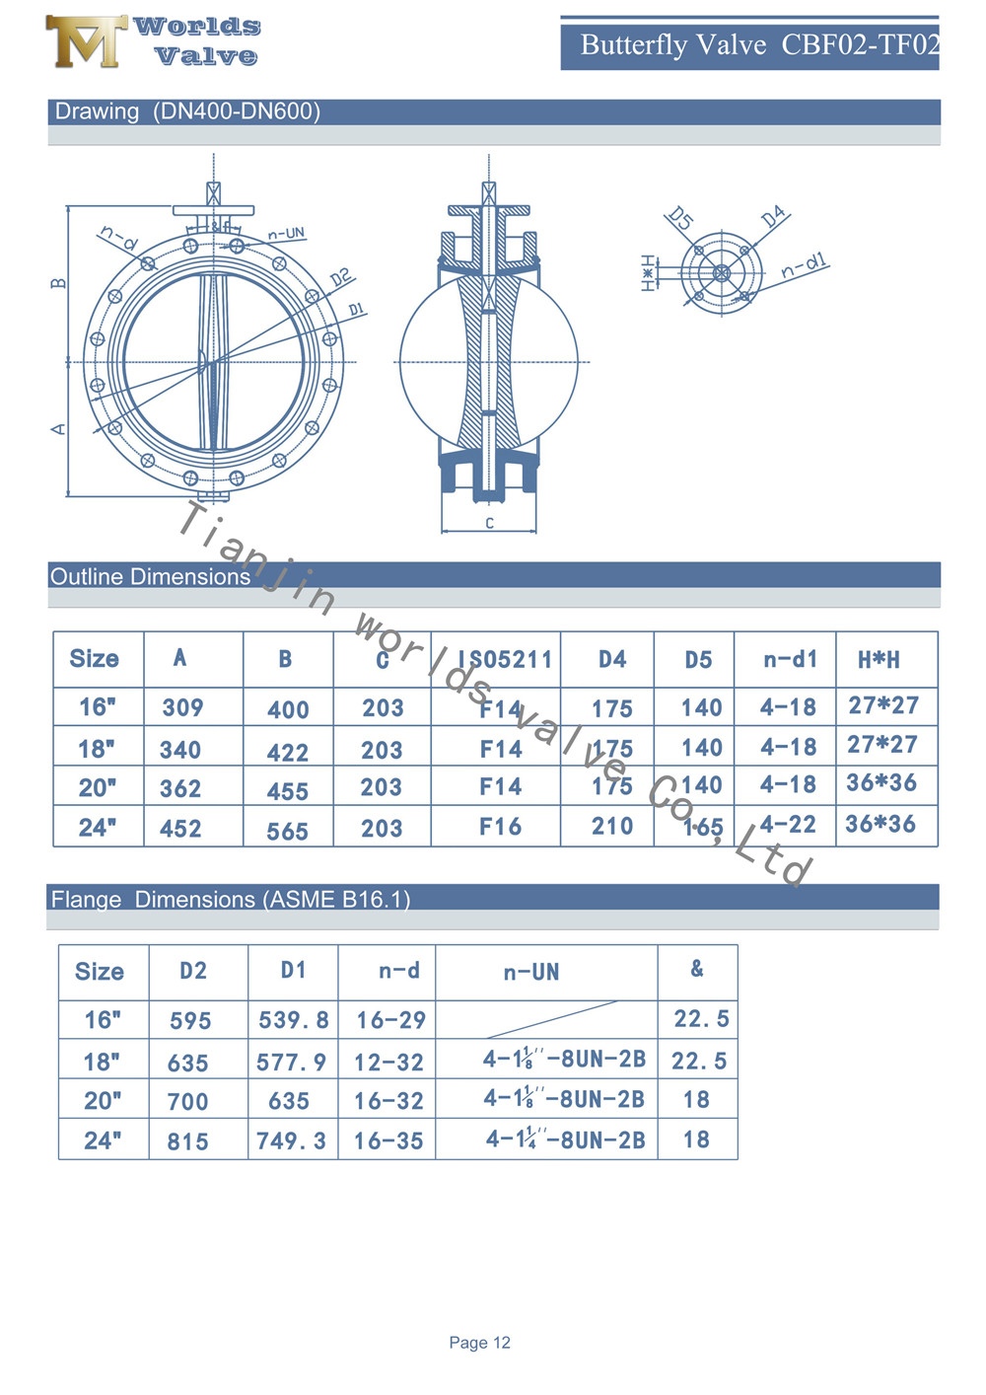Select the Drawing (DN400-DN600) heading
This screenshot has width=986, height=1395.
[187, 111]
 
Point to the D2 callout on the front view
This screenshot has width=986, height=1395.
[340, 277]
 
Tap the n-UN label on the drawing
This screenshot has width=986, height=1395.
[287, 234]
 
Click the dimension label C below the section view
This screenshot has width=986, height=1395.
[489, 523]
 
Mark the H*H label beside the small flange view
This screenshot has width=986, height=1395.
[648, 273]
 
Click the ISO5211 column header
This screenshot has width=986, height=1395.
[504, 659]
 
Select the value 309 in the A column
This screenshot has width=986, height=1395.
[182, 707]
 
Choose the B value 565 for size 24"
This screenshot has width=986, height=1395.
[287, 832]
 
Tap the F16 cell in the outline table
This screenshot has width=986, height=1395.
[500, 827]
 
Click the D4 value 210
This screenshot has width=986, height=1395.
[612, 827]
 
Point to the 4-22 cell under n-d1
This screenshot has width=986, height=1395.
[788, 825]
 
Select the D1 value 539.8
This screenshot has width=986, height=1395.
[293, 1020]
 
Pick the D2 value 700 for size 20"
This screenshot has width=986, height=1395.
[187, 1101]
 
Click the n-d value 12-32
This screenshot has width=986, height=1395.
[388, 1063]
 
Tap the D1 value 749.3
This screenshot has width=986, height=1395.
[291, 1141]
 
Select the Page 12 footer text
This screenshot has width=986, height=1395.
[479, 1343]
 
